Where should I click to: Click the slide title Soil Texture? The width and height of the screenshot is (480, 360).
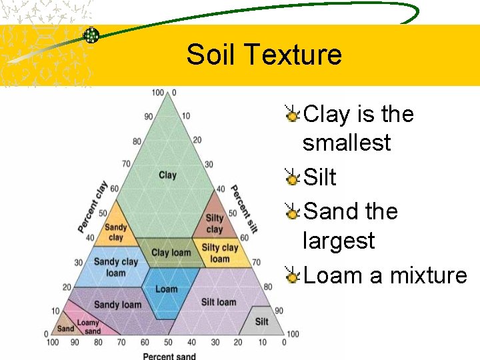tap(264, 55)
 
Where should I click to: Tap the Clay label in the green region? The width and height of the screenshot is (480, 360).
tap(167, 175)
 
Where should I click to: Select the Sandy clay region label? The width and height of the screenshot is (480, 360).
tap(116, 232)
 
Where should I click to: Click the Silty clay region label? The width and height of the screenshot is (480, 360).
tap(215, 224)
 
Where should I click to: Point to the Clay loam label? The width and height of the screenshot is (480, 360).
tap(171, 253)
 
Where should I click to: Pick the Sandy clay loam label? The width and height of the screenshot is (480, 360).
tap(115, 267)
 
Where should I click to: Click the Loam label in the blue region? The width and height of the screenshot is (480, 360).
tap(166, 289)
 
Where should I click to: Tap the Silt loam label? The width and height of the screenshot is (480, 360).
tap(219, 302)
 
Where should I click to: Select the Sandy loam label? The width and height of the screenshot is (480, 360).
tap(117, 305)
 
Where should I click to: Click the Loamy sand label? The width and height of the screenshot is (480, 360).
tap(89, 327)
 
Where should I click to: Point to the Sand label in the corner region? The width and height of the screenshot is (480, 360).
tap(65, 328)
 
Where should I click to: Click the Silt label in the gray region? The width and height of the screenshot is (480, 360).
tap(261, 321)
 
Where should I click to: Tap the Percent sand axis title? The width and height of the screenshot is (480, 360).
tap(169, 355)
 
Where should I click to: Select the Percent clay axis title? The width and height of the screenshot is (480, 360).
tap(91, 207)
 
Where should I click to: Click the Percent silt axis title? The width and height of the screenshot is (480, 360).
tap(243, 208)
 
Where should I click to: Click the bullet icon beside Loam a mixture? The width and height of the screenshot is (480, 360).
tap(292, 275)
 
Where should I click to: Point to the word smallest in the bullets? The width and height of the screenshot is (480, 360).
tap(347, 143)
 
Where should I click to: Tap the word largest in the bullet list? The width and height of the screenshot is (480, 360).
tap(339, 240)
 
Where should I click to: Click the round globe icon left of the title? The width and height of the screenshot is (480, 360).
tap(91, 35)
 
